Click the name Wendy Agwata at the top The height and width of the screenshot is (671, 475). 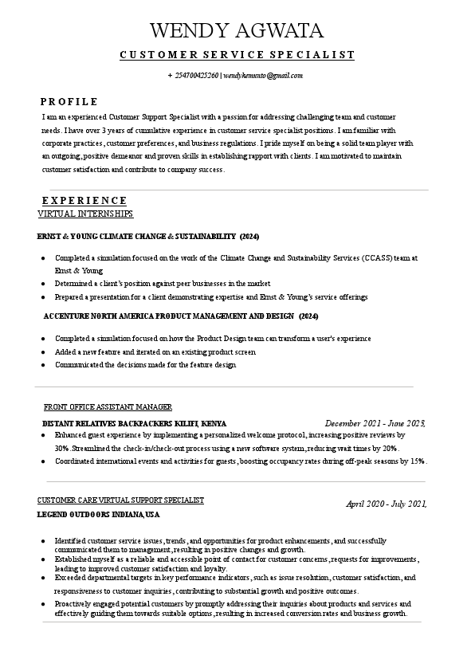[x=237, y=31]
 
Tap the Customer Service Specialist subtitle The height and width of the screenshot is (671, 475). [x=237, y=55]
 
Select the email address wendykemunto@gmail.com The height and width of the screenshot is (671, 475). [x=263, y=76]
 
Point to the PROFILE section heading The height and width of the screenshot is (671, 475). [x=69, y=102]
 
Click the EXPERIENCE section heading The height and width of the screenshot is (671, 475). [x=84, y=201]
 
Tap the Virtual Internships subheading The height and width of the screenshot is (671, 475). [x=85, y=214]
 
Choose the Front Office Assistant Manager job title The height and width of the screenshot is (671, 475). [x=108, y=407]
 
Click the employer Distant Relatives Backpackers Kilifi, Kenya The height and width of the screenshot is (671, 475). [x=134, y=423]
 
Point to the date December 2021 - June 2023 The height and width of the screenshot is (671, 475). [x=375, y=423]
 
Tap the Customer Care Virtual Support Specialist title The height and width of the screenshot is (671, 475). [x=120, y=500]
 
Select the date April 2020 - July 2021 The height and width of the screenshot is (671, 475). [x=387, y=504]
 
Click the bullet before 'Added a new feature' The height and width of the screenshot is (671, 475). [x=42, y=352]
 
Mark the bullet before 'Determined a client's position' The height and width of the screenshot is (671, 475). [x=42, y=284]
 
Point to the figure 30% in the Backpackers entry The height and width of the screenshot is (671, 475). [x=61, y=449]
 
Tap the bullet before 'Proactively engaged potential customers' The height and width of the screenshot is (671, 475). [x=42, y=605]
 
